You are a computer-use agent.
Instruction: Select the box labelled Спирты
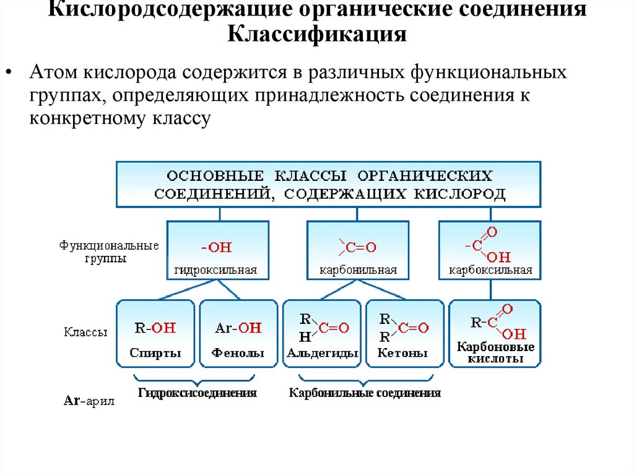pyautogui.click(x=155, y=333)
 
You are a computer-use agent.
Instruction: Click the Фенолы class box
pyautogui.click(x=238, y=333)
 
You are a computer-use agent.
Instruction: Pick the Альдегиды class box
pyautogui.click(x=322, y=333)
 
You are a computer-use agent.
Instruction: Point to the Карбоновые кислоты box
pyautogui.click(x=495, y=333)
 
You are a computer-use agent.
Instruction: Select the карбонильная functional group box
pyautogui.click(x=358, y=250)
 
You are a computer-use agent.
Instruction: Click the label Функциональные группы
pyautogui.click(x=109, y=252)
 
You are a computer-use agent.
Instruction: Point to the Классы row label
pyautogui.click(x=85, y=333)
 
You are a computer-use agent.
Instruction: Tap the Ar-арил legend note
pyautogui.click(x=89, y=400)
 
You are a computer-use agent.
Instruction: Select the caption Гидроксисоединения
pyautogui.click(x=198, y=393)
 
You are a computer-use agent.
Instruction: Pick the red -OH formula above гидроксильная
pyautogui.click(x=215, y=248)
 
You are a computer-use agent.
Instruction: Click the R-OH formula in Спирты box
pyautogui.click(x=155, y=328)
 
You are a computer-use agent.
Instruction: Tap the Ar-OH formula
pyautogui.click(x=238, y=328)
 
